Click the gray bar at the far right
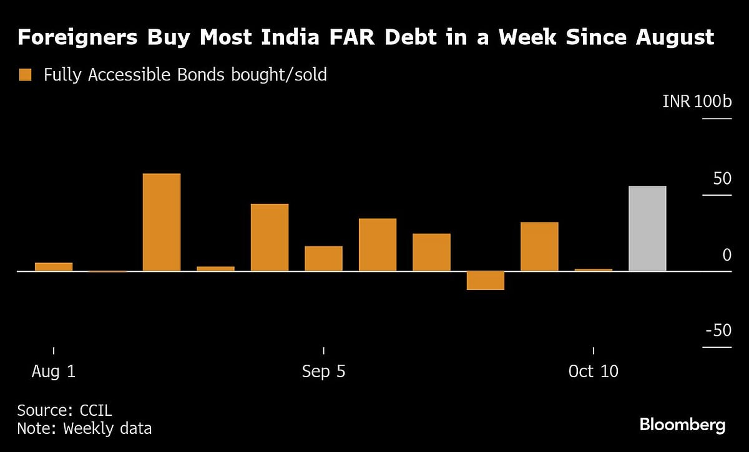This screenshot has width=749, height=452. point(647,228)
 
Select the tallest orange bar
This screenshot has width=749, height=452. point(162,222)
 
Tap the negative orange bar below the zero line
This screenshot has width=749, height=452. point(485,281)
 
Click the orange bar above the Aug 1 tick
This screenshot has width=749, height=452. point(54,267)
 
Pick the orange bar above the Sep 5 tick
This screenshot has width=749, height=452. point(323,259)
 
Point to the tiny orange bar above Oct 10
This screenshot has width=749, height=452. point(593,270)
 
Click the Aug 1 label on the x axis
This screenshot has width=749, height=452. point(54,372)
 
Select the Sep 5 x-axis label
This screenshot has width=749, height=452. point(323,372)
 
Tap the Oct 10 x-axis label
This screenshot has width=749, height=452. point(593,372)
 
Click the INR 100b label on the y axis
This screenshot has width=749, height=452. point(697,102)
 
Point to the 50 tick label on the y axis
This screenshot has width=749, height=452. point(722,179)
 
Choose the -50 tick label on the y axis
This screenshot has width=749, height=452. point(718,330)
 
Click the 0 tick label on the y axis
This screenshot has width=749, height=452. point(727,255)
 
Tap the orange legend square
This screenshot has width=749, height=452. point(26,75)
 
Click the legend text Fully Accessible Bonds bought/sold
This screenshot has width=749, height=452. point(185,75)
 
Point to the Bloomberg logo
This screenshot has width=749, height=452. point(682,425)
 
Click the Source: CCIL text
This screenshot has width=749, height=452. point(64,410)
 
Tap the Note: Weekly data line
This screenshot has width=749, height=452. point(84,428)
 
